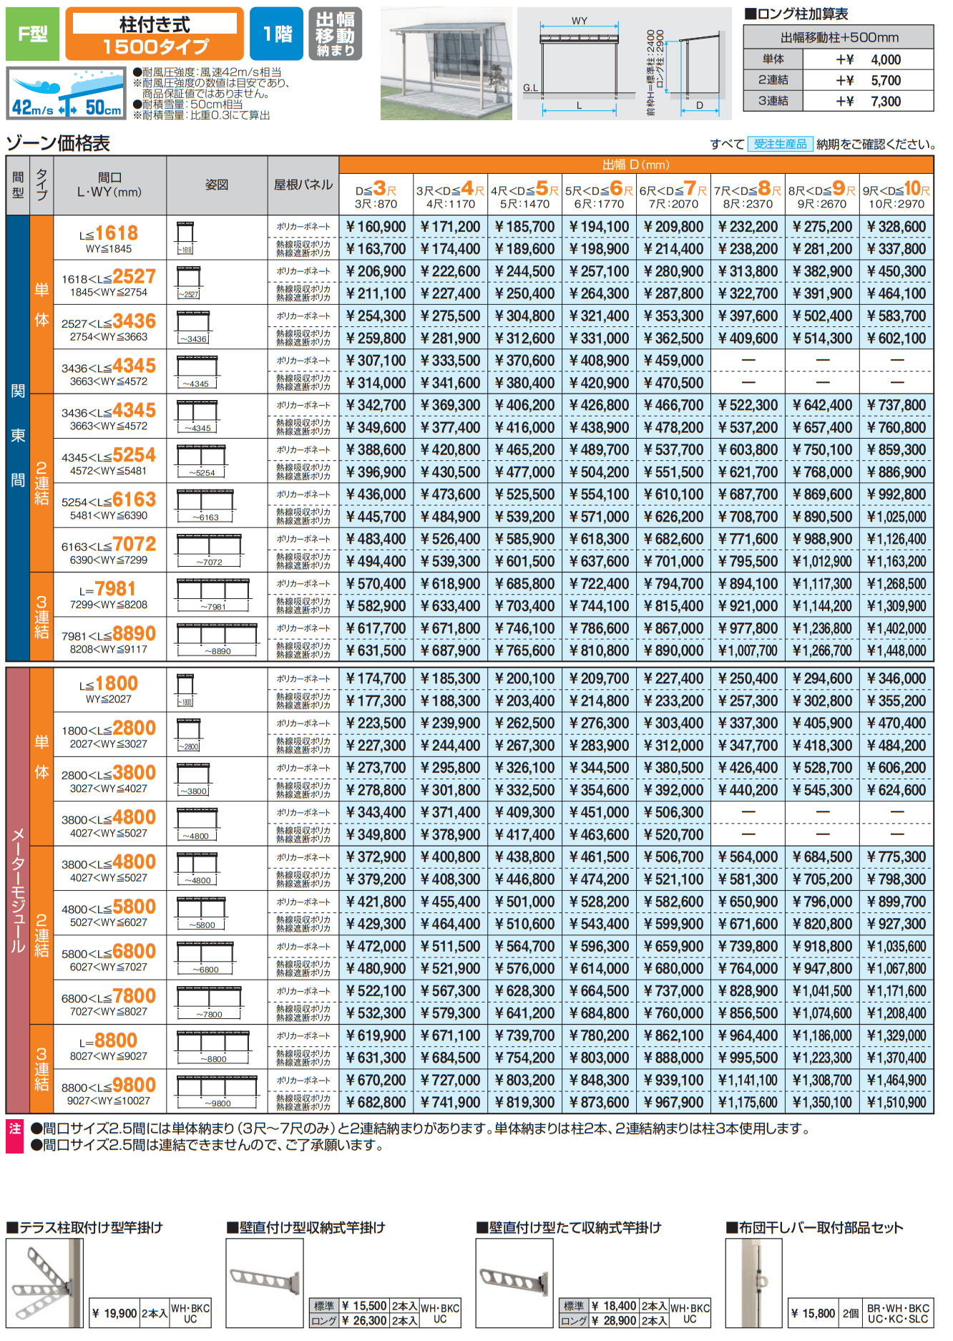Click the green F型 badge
(33, 34)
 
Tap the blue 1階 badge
(277, 34)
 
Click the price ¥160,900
(376, 227)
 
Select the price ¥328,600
(896, 227)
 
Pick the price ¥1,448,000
(896, 651)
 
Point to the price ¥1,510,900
(896, 1103)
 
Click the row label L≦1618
(109, 234)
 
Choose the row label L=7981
(108, 589)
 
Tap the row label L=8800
(108, 1041)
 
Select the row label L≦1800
(109, 684)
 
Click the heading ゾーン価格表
(58, 144)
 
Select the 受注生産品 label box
(780, 144)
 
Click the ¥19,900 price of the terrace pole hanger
(114, 1313)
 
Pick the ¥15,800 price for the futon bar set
(813, 1313)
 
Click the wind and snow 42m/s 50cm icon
(67, 93)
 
